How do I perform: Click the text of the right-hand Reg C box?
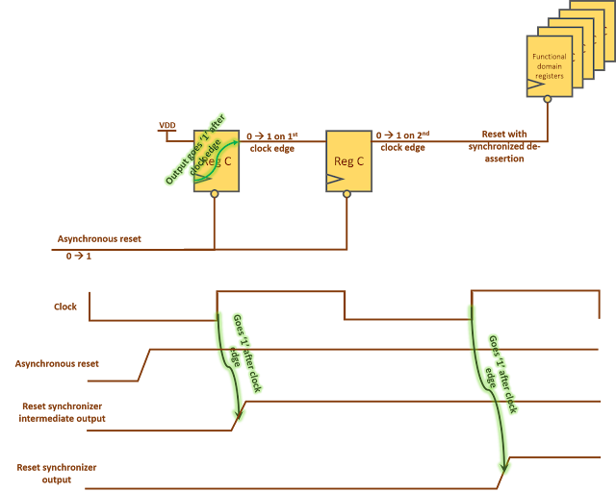[x=347, y=160]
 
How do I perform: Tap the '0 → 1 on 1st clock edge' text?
[x=272, y=141]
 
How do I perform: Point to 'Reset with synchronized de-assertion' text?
[x=503, y=147]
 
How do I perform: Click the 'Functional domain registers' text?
[x=550, y=66]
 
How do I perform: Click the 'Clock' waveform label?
[x=65, y=307]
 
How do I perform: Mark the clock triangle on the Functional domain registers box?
[x=532, y=86]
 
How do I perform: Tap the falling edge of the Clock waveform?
[x=344, y=306]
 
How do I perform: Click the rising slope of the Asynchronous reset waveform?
[x=145, y=364]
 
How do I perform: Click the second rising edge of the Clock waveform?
[x=471, y=305]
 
